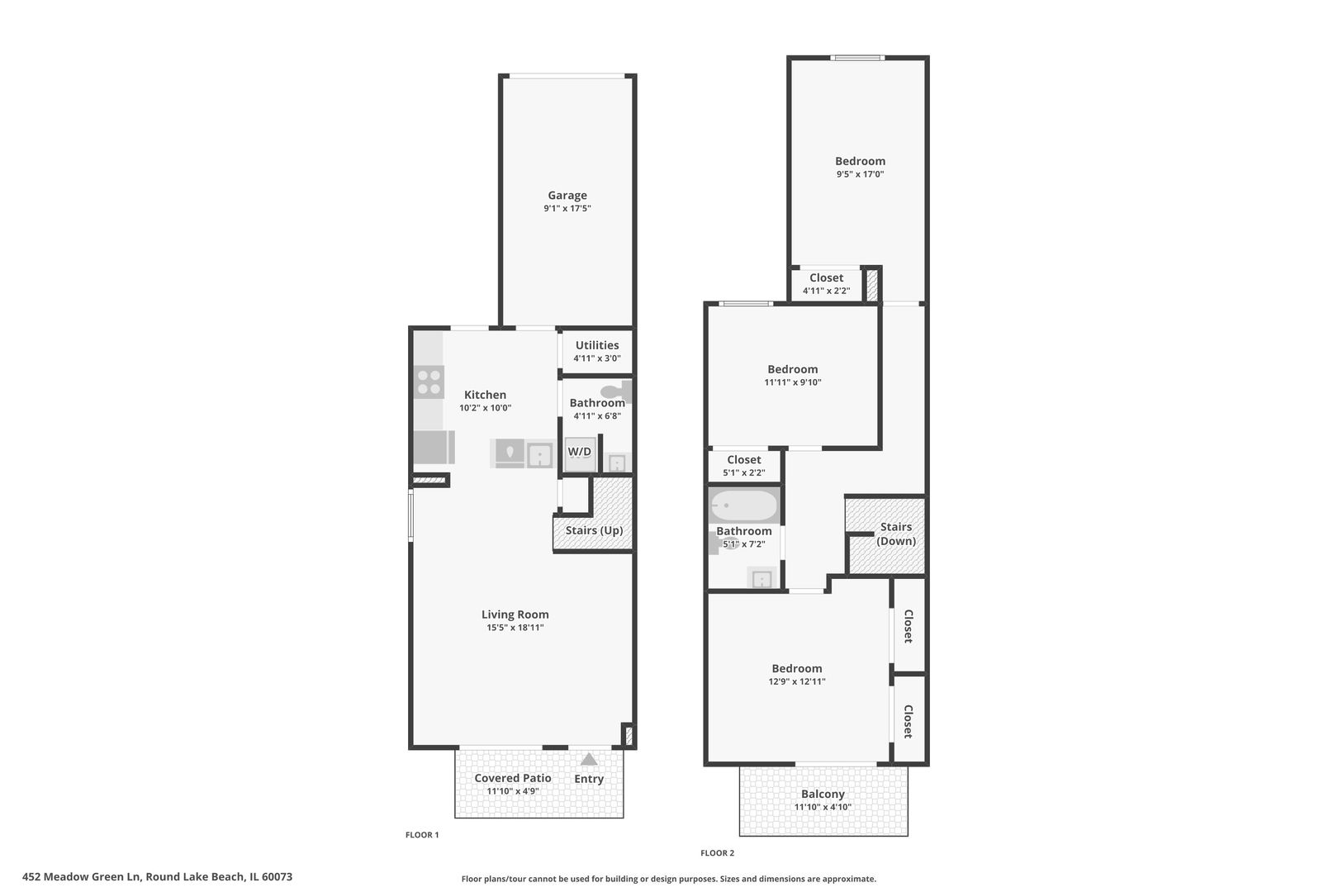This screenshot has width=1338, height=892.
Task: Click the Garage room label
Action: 567,196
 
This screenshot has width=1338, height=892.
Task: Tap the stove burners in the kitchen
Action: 429,382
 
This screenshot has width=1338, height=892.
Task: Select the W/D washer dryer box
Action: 579,452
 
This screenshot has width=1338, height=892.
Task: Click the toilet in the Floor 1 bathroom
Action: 614,391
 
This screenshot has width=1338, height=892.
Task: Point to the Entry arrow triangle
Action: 588,759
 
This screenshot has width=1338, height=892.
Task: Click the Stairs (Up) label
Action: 594,530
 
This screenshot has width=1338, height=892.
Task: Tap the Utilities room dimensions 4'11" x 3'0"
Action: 596,358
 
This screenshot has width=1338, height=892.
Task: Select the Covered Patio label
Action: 512,778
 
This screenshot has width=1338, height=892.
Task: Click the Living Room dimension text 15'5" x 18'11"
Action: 515,628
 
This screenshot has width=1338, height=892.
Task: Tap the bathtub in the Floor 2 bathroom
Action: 743,505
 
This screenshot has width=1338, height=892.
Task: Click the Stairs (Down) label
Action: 895,534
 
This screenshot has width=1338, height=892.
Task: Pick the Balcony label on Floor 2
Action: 823,794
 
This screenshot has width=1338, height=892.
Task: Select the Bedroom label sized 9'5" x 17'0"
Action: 860,161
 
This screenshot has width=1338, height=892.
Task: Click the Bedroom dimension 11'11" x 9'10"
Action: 792,382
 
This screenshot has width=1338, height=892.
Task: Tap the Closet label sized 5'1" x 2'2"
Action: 743,460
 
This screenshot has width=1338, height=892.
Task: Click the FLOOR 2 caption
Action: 717,853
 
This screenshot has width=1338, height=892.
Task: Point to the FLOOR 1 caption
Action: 422,835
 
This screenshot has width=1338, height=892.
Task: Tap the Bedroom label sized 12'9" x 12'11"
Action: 796,668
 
